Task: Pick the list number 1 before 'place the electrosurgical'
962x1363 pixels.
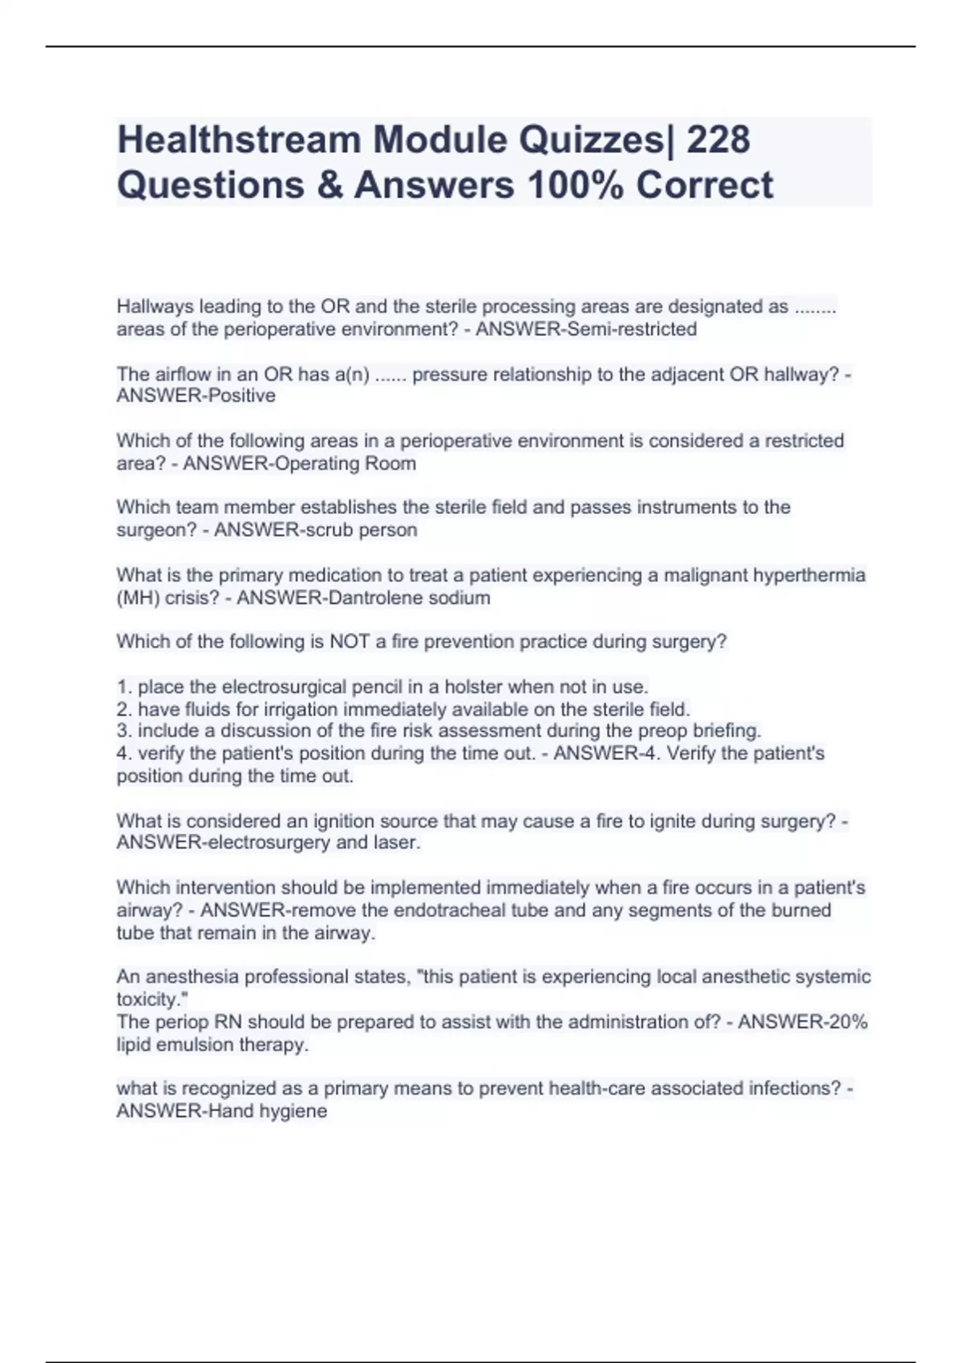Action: tap(123, 687)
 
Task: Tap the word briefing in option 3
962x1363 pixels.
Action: tap(726, 731)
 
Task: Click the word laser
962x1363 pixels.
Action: tap(397, 843)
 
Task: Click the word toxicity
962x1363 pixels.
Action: tap(146, 1000)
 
